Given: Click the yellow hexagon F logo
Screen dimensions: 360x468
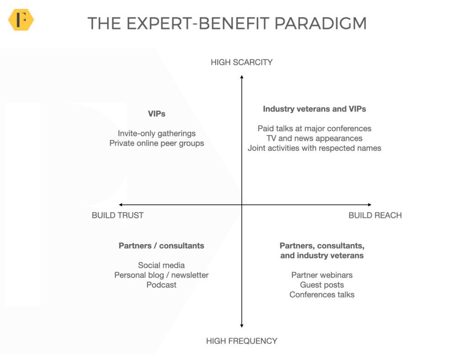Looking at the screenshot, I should (21, 20).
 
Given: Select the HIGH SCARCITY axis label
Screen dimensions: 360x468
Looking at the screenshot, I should (241, 62).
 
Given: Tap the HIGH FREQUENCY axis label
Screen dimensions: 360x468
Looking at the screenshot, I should (241, 341).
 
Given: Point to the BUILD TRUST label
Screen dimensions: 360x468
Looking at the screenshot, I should (117, 215).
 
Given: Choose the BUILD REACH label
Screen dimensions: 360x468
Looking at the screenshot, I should (375, 215).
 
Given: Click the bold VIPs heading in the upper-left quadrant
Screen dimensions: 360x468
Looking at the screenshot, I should (156, 114).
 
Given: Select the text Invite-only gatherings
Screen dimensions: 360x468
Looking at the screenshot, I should (156, 133).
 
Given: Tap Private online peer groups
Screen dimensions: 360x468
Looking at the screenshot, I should (156, 143).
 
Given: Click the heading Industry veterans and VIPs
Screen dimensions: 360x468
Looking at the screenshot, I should (314, 109).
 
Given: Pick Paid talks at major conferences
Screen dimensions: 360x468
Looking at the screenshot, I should (314, 128).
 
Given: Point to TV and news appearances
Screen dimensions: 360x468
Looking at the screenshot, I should (314, 138).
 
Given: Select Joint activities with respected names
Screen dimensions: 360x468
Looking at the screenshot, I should (314, 148).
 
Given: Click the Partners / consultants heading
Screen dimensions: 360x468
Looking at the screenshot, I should (161, 246).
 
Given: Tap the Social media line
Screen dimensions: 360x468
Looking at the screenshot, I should (161, 265).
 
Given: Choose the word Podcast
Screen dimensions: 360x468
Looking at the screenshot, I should (161, 285).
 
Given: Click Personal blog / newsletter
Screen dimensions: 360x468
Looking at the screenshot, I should (161, 275).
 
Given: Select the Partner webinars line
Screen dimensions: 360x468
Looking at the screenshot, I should (322, 275).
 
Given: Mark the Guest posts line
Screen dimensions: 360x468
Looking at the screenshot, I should (322, 285).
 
